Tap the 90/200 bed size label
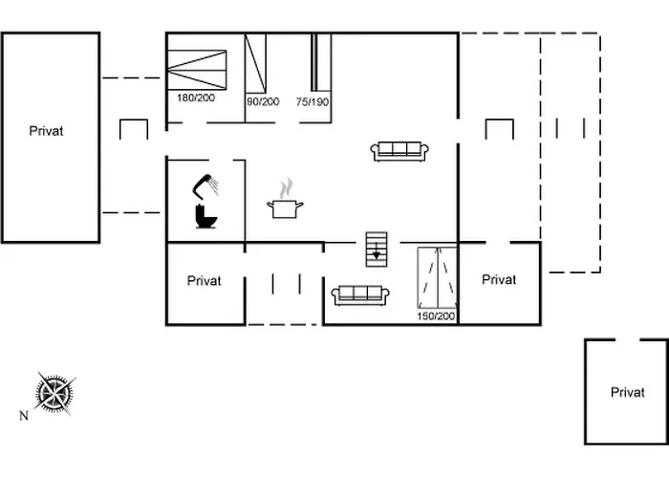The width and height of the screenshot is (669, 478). coord(263,100)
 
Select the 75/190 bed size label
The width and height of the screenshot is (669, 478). coord(313,100)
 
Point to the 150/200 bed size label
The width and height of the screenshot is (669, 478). coord(436,315)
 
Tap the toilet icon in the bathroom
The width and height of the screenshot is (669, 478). coord(204,217)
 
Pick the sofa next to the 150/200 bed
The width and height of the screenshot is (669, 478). coord(359,293)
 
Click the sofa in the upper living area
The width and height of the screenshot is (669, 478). coord(399,149)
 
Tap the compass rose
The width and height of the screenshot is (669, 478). coord(54,392)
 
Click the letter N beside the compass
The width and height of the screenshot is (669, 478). coord(24,416)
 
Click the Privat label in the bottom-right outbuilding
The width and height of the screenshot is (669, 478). coord(628,392)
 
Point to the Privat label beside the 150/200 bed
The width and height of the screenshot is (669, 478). coord(499,280)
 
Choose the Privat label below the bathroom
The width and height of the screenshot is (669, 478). coord(205,281)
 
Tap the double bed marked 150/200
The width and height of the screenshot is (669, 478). coord(437,276)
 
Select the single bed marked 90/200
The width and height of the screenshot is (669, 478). coord(255,63)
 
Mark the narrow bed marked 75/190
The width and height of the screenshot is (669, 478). coord(321,63)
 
